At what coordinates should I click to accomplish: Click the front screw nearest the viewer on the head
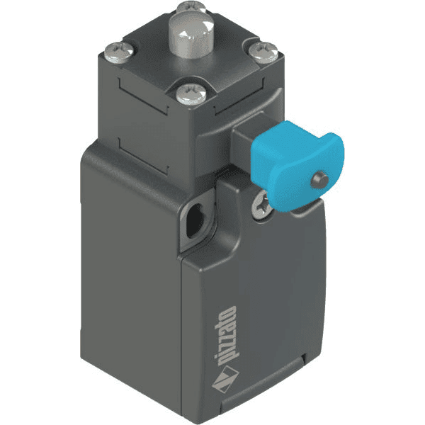188,91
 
